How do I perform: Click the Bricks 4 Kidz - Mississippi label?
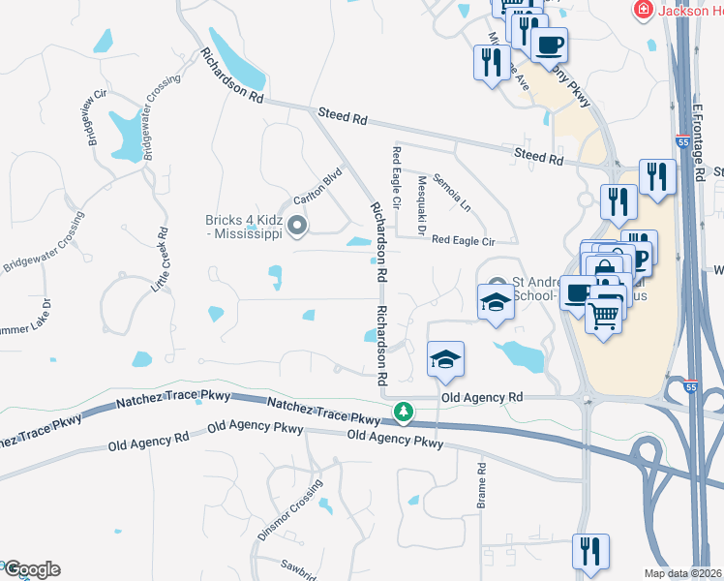pyautogui.click(x=242, y=227)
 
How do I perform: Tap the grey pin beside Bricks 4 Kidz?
pyautogui.click(x=297, y=228)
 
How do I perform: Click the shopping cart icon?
pyautogui.click(x=604, y=314)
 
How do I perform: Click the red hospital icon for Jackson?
pyautogui.click(x=641, y=10)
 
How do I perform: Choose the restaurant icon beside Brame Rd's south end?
pyautogui.click(x=590, y=551)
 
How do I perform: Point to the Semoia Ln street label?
pyautogui.click(x=451, y=194)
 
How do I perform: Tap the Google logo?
pyautogui.click(x=31, y=569)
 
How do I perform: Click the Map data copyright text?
pyautogui.click(x=683, y=573)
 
